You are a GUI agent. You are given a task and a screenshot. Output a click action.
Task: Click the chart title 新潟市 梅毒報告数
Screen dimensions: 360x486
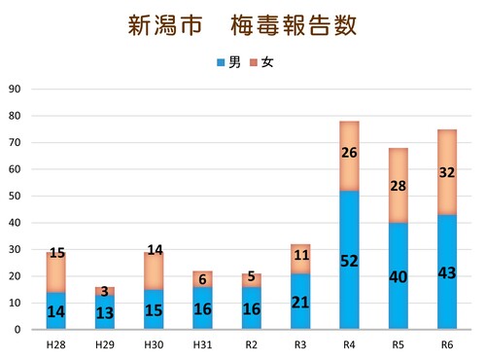(242, 25)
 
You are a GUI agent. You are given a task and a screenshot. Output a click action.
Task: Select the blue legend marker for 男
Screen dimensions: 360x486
(222, 62)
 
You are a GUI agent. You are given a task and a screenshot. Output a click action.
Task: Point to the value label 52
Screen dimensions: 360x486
(350, 260)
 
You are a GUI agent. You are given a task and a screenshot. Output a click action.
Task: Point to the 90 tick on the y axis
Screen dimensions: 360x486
(16, 89)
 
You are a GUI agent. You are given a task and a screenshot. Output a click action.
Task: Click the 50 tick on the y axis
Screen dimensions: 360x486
(16, 196)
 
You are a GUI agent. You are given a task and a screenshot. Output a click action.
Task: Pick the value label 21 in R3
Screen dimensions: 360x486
(300, 303)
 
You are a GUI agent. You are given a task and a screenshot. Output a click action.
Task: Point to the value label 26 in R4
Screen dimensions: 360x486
(350, 153)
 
